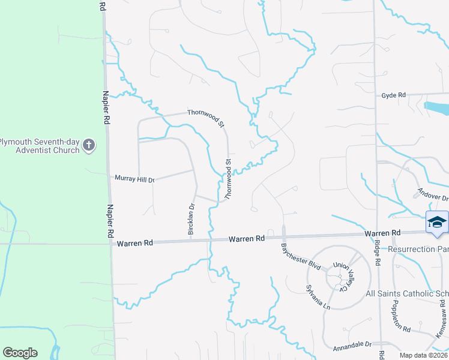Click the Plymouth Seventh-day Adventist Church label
pyautogui.click(x=40, y=146)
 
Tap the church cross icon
pyautogui.click(x=89, y=145)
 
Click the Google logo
pyautogui.click(x=20, y=353)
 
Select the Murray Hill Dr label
pyautogui.click(x=135, y=179)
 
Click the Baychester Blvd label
pyautogui.click(x=301, y=256)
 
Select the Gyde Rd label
pyautogui.click(x=394, y=95)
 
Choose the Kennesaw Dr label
pyautogui.click(x=441, y=322)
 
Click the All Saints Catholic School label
pyautogui.click(x=407, y=293)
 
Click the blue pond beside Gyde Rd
pyautogui.click(x=436, y=107)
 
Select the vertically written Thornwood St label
pyautogui.click(x=228, y=179)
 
